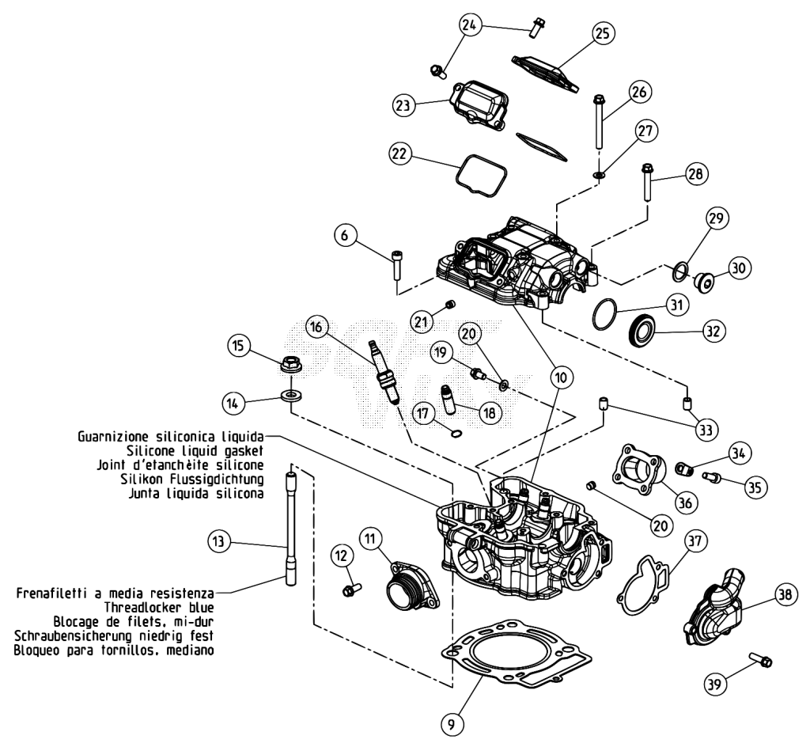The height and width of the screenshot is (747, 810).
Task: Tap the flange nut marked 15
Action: pyautogui.click(x=291, y=363)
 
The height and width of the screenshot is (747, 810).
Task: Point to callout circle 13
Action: pyautogui.click(x=218, y=541)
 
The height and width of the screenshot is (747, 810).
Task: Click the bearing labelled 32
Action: pyautogui.click(x=642, y=330)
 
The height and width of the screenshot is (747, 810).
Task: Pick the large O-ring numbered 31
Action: pyautogui.click(x=604, y=313)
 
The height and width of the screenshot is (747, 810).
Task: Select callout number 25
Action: pyautogui.click(x=602, y=33)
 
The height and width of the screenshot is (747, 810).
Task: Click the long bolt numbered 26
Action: pyautogui.click(x=600, y=120)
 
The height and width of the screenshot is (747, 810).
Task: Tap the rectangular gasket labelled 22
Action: pyautogui.click(x=481, y=176)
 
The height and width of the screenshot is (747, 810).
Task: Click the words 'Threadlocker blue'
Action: pyautogui.click(x=159, y=607)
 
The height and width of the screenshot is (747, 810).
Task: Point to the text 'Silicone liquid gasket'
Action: pyautogui.click(x=195, y=450)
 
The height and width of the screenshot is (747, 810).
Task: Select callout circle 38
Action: pyautogui.click(x=785, y=594)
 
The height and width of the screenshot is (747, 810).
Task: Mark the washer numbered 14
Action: pyautogui.click(x=292, y=396)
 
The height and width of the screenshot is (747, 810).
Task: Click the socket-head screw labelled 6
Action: pyautogui.click(x=397, y=264)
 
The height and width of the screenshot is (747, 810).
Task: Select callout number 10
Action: pyautogui.click(x=561, y=377)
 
